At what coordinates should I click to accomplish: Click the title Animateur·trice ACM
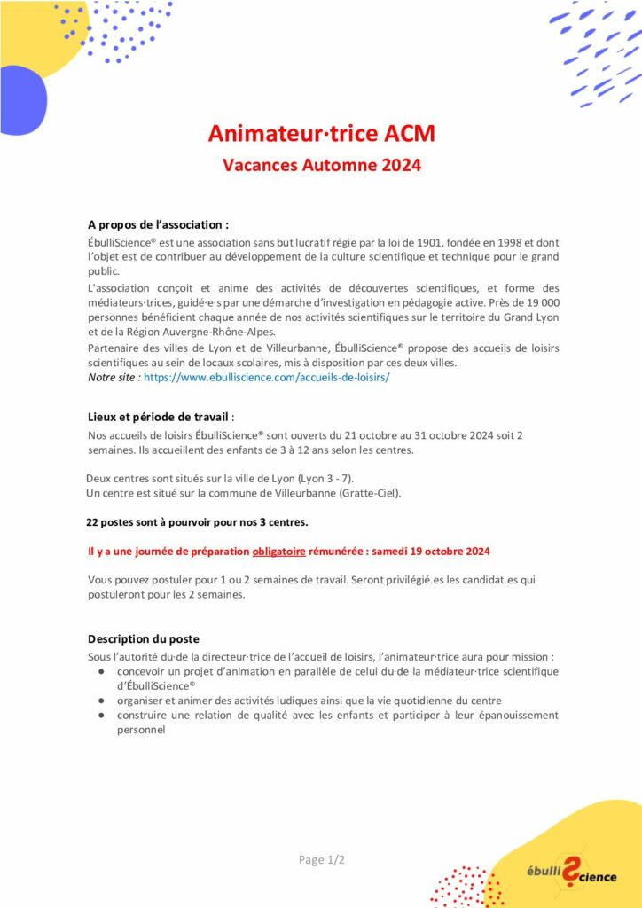coord(321,134)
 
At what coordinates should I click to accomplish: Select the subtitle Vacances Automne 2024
coord(321,165)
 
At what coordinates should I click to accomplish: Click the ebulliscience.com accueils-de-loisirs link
coord(266,377)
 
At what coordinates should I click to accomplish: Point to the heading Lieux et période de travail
coord(160,417)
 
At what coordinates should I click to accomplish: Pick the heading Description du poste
coord(144,638)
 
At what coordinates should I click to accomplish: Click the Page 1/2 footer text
coord(321,860)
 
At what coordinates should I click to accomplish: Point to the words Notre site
coord(114,377)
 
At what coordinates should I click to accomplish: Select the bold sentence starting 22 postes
coord(197,521)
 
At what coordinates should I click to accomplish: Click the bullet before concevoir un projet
coord(100,672)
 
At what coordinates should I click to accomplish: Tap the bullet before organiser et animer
coord(100,701)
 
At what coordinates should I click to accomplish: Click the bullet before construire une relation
coord(100,716)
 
